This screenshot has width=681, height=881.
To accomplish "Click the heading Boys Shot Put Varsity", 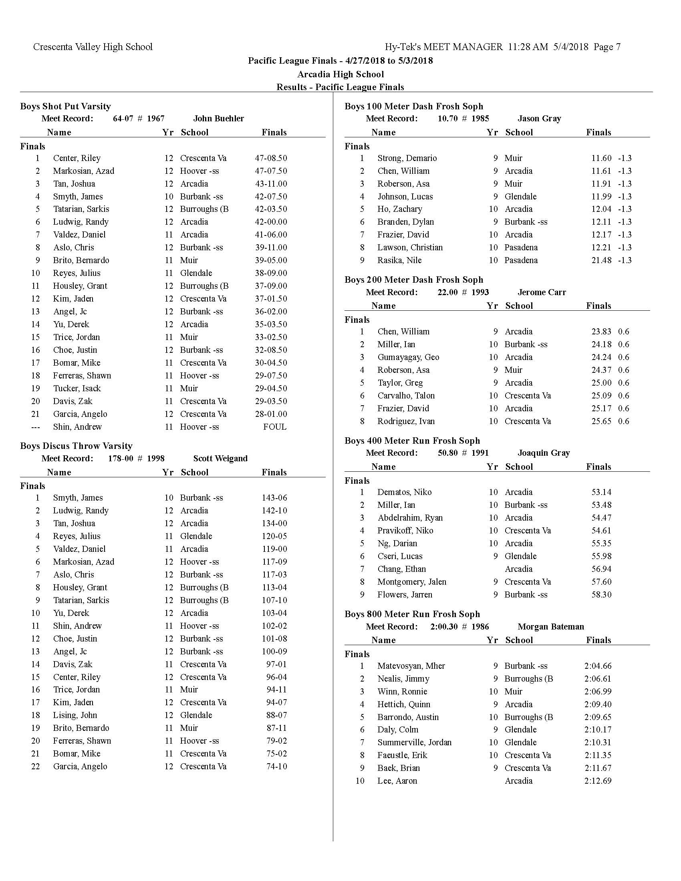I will click(65, 107).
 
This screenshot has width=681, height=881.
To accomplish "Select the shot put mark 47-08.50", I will click(271, 158).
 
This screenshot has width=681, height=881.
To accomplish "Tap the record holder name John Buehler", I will click(218, 119).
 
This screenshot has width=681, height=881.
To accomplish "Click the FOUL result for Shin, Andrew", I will click(274, 427).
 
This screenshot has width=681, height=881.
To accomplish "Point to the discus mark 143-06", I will click(274, 498).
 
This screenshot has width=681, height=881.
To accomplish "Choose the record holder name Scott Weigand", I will click(220, 459).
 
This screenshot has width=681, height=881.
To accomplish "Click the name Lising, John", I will click(75, 715).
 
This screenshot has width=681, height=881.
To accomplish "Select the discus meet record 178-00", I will click(121, 459).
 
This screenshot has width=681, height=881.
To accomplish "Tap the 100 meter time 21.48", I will click(601, 260).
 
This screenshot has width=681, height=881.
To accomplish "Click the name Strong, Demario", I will click(407, 158).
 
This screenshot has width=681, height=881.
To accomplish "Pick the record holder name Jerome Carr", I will click(542, 292).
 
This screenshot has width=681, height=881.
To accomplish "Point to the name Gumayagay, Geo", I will click(408, 357).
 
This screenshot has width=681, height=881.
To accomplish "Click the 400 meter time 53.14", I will click(601, 492).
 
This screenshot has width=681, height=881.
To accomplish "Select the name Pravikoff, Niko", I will click(405, 531).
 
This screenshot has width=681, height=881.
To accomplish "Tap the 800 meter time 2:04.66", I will click(598, 666).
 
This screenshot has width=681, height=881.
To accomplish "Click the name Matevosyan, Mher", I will click(411, 666).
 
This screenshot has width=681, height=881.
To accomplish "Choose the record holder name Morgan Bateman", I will click(551, 627).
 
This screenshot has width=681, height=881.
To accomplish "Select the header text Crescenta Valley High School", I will click(93, 47).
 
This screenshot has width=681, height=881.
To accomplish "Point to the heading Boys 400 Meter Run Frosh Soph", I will click(412, 441).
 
